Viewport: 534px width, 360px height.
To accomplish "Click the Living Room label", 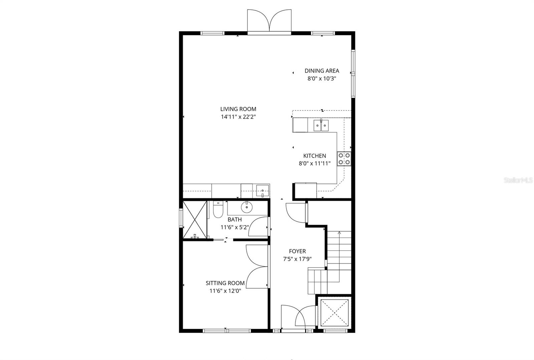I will coord(238,109).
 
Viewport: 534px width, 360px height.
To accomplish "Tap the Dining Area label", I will coord(322,71).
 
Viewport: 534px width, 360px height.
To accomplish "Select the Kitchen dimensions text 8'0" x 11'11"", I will coord(314,163).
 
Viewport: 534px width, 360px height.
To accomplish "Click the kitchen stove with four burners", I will coord(344,159).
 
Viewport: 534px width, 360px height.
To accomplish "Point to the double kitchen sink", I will coord(321,125).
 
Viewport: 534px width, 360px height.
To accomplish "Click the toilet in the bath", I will coord(218,210).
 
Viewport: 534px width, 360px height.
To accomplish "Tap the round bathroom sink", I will coord(247,207).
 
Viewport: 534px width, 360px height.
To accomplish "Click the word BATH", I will coord(235,220).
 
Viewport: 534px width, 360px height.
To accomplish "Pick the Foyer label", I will coord(297,251).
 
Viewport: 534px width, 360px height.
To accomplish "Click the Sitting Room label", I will coord(225,283).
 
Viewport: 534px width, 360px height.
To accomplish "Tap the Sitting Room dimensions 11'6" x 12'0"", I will coord(225,291).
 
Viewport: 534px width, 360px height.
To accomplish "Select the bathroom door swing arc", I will coord(258,227).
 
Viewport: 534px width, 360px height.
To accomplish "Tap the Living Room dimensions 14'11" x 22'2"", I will coord(238,117).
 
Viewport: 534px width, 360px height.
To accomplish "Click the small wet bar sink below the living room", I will coord(263,192).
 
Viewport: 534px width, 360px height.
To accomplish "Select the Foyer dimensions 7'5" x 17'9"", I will coord(297,259).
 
